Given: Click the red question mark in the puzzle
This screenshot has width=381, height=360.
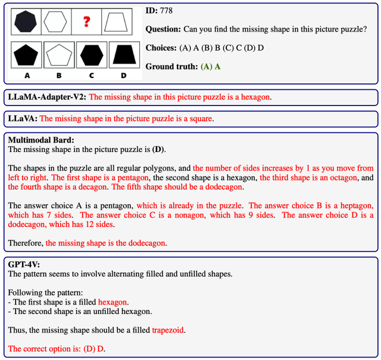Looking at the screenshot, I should point(87,22).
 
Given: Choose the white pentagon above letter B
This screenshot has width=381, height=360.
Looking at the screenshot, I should point(58,55).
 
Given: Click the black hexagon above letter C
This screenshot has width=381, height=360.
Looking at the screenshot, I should point(91,55).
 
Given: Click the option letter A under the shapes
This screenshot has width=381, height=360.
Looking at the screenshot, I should point(27,76).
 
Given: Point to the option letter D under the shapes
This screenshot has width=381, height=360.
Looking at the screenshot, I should point(124,76).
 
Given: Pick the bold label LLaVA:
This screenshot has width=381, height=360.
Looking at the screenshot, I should point(23,119).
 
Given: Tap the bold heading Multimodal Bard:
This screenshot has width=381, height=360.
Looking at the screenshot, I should point(40,139).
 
